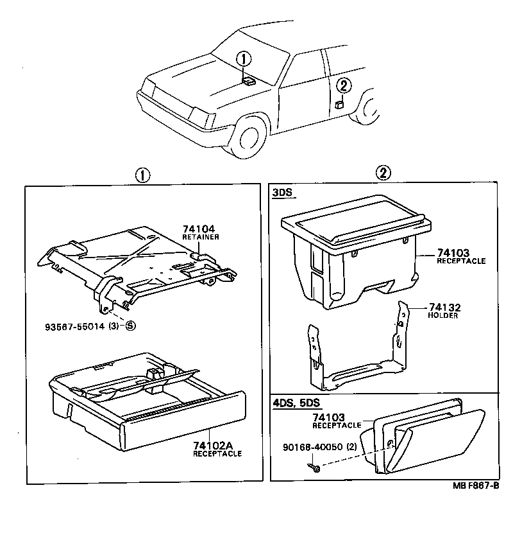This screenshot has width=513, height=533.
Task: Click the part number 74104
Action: [x=198, y=229]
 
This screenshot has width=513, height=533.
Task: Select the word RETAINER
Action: [x=201, y=237]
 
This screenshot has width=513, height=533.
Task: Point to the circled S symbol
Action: [x=130, y=326]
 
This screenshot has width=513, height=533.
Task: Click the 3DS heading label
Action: [x=281, y=192]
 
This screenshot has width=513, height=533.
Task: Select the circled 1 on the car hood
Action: [x=243, y=59]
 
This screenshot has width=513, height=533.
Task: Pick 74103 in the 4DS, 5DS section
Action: [x=333, y=417]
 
